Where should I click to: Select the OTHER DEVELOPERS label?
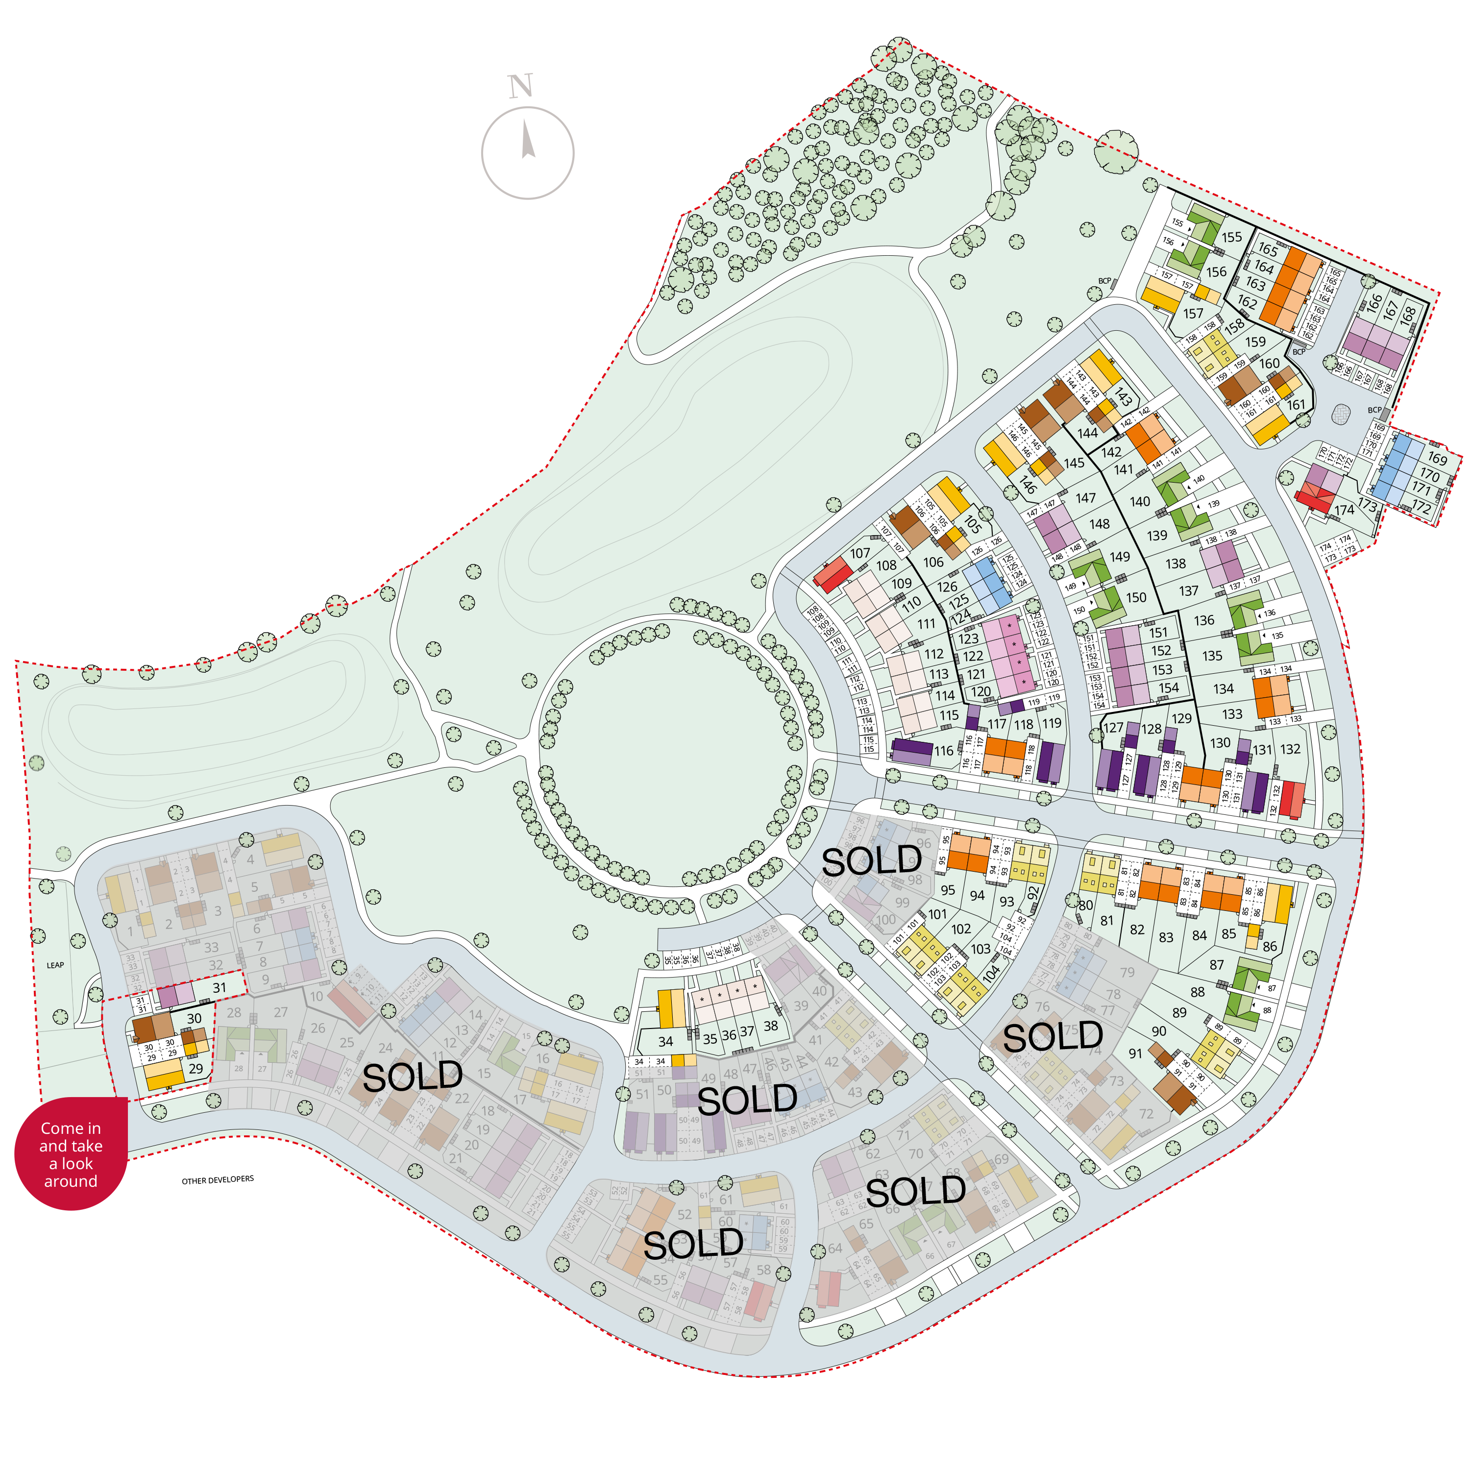click(218, 1180)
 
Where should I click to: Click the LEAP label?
click(55, 965)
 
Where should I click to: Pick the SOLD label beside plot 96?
click(871, 860)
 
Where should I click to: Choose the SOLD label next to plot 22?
click(413, 1076)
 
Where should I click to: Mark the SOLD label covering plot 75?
click(1053, 1036)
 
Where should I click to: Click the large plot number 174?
click(1345, 510)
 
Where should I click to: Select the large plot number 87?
click(1217, 965)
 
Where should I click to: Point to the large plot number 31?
click(219, 988)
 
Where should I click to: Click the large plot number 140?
click(1140, 501)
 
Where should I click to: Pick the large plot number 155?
click(1232, 237)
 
